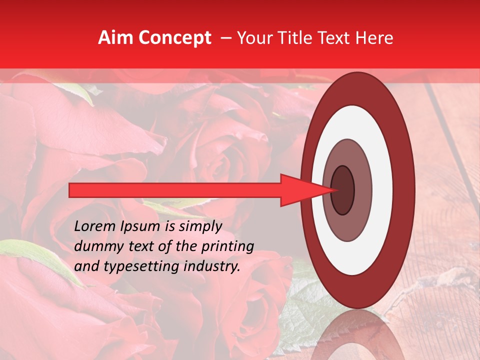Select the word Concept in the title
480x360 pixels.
tap(174, 38)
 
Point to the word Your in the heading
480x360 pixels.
tap(253, 38)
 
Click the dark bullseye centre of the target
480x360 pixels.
tap(343, 190)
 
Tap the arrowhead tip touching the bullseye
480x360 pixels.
tap(332, 190)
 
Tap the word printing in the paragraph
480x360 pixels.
tap(228, 247)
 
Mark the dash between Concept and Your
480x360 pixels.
tap(225, 38)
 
